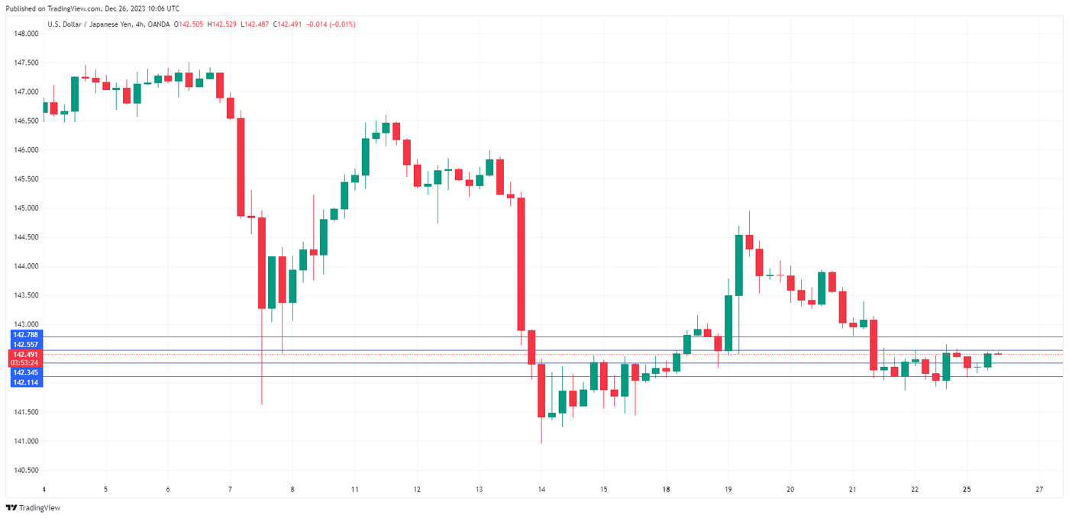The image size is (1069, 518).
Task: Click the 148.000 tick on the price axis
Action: tap(26, 34)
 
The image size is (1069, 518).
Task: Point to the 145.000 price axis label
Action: tap(26, 208)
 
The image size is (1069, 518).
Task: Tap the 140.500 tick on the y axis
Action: tap(26, 470)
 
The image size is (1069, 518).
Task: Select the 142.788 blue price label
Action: tap(26, 335)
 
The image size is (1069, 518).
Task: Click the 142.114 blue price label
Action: tap(26, 381)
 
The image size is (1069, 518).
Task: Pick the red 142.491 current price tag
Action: tap(26, 354)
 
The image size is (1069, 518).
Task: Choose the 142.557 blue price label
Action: tap(26, 345)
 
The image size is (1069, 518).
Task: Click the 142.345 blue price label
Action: tap(26, 372)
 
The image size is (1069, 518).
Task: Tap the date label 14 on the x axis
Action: tap(541, 489)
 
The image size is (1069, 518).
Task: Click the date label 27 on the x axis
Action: tap(1039, 489)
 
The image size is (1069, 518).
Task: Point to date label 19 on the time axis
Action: tap(728, 489)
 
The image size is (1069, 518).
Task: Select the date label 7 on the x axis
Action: tap(230, 489)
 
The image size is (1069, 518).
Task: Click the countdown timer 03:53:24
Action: tap(26, 363)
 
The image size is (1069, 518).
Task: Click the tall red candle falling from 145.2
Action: tap(521, 264)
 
